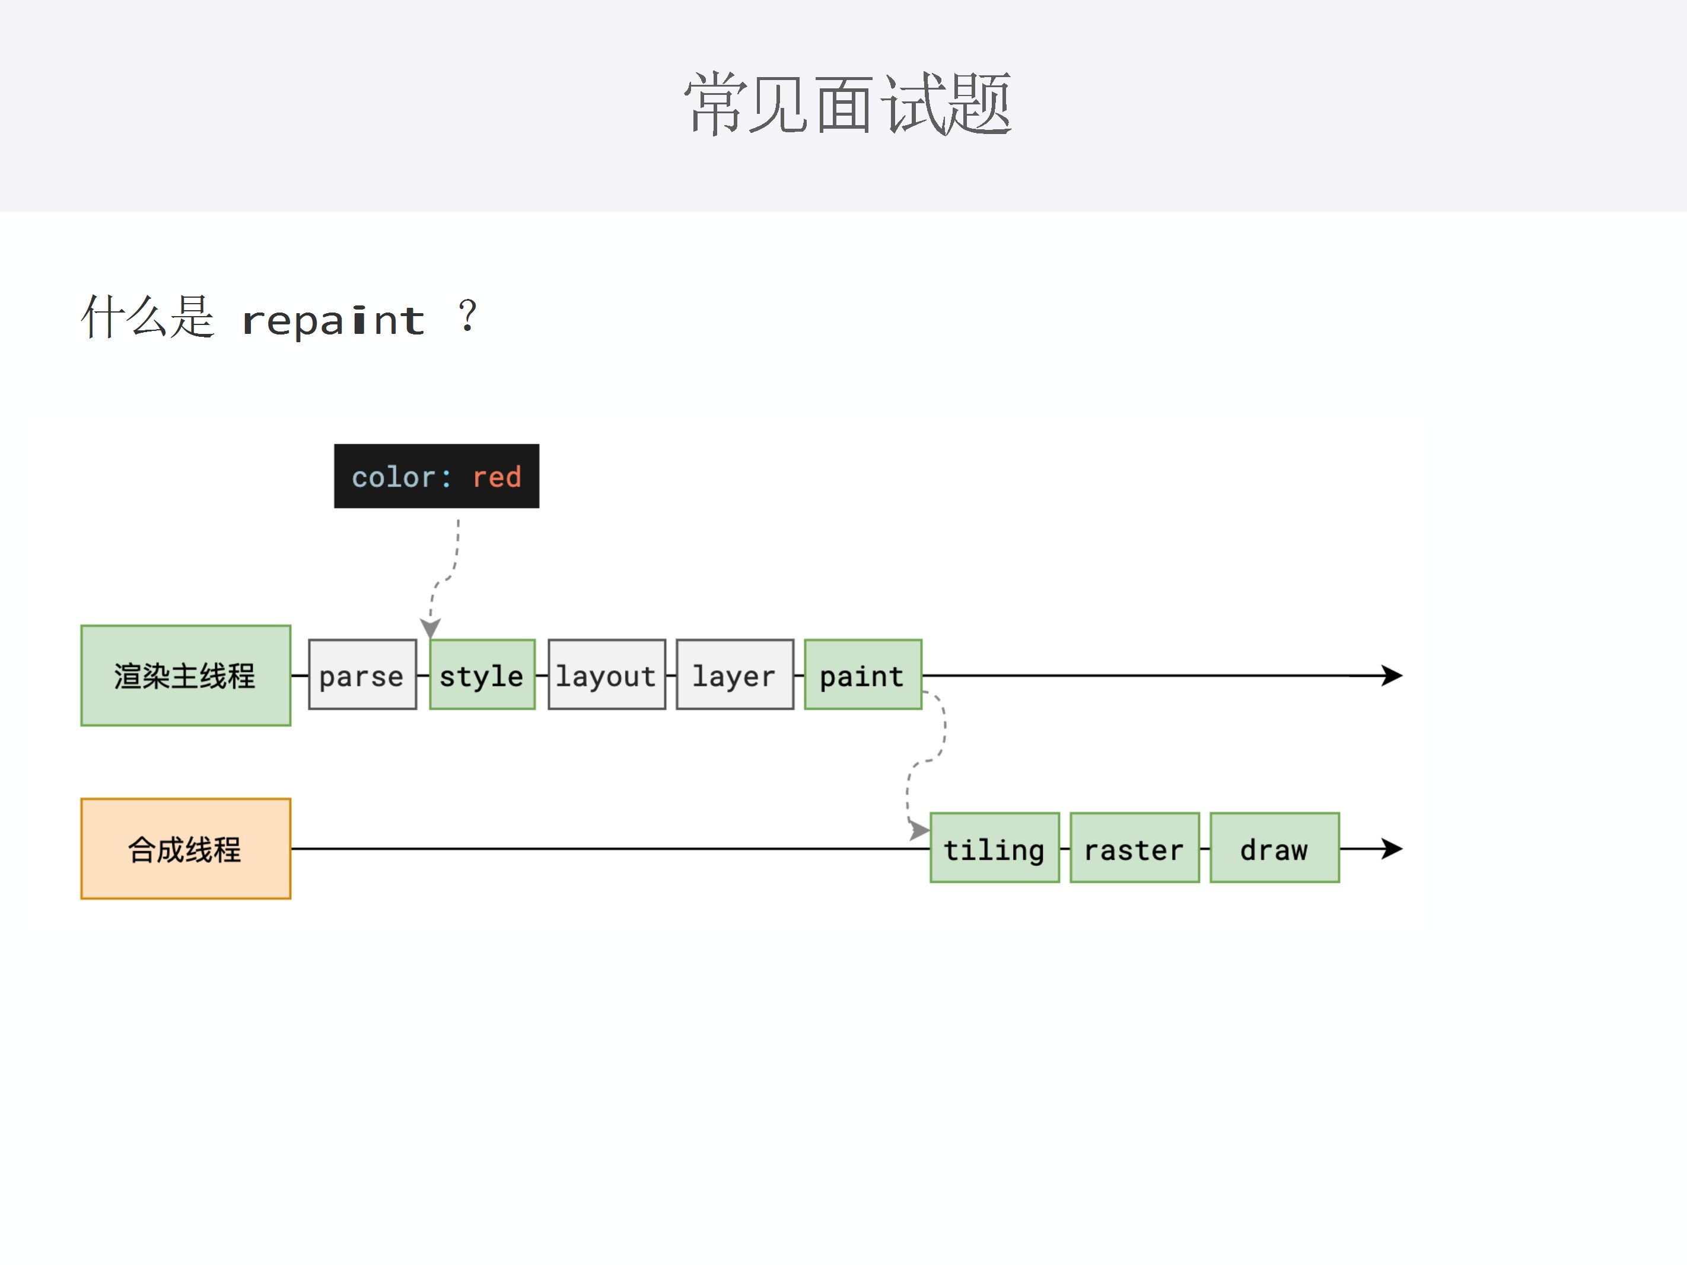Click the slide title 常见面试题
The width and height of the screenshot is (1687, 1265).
point(846,104)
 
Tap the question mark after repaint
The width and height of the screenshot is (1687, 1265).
point(467,317)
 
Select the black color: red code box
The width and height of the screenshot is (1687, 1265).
point(436,476)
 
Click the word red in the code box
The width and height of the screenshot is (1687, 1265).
point(496,477)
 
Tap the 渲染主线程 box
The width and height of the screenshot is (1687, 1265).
point(185,675)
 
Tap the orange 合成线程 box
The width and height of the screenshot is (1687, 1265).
point(185,849)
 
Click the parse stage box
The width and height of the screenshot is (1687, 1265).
point(362,675)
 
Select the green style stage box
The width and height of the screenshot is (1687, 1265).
point(482,675)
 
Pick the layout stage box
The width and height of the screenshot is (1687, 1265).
point(606,675)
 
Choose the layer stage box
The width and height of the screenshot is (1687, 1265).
point(734,675)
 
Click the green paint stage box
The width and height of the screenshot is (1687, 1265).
point(862,675)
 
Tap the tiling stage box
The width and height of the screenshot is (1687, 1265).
point(995,848)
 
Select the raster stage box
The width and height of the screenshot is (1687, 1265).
point(1134,848)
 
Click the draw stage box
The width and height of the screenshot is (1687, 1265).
point(1274,848)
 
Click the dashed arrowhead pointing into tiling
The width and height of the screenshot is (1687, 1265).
point(919,830)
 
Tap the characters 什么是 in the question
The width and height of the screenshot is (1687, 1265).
point(148,317)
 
